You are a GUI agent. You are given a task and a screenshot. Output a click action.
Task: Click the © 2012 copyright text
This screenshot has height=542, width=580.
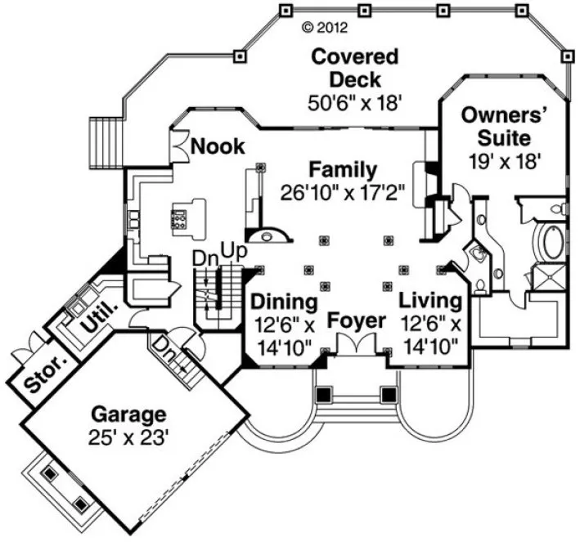pyautogui.click(x=325, y=27)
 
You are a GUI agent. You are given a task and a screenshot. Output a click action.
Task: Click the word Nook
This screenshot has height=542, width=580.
pyautogui.click(x=217, y=146)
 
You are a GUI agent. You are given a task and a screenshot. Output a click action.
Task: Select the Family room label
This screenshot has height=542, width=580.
pyautogui.click(x=343, y=170)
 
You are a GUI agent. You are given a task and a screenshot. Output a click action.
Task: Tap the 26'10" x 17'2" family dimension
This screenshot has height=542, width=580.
pyautogui.click(x=343, y=193)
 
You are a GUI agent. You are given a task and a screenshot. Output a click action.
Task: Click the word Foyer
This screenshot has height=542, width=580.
pyautogui.click(x=357, y=320)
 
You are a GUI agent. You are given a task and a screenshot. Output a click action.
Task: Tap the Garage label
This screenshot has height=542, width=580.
pyautogui.click(x=128, y=414)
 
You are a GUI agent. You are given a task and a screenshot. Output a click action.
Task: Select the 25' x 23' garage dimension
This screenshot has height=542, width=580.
pyautogui.click(x=128, y=437)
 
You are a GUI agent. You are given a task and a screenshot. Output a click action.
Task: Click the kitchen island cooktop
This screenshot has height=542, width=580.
pyautogui.click(x=178, y=218)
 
